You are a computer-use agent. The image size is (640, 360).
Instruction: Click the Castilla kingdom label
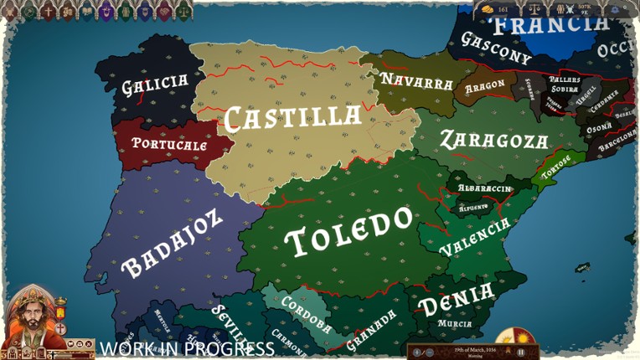(x=292, y=116)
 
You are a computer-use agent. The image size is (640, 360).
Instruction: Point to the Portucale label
(x=169, y=144)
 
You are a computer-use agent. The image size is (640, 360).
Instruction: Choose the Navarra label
(x=415, y=81)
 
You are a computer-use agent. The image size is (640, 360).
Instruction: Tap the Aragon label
(x=484, y=85)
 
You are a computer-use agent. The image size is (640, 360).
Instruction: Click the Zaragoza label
(x=494, y=139)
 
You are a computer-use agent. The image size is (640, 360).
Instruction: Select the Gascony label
(x=496, y=49)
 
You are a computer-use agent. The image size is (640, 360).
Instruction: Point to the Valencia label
(x=474, y=238)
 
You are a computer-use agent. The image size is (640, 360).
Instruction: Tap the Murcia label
(x=455, y=323)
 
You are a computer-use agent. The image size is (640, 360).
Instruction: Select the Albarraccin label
(x=483, y=188)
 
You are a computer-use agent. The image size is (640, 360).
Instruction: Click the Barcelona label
(x=617, y=137)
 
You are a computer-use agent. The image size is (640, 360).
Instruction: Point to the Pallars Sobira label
(x=565, y=85)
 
